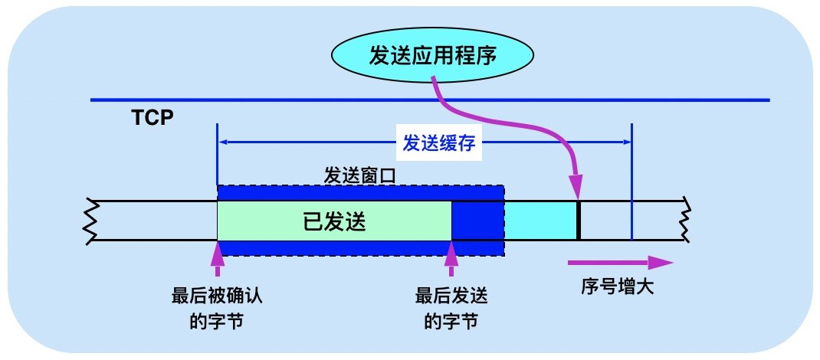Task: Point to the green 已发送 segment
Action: pos(334,221)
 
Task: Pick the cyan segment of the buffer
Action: pos(540,221)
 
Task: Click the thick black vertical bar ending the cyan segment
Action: pos(579,221)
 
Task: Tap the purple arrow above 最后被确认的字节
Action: pos(219,258)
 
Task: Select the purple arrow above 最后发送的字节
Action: pos(451,258)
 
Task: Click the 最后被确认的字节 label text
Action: pos(219,306)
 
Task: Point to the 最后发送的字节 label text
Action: pos(451,306)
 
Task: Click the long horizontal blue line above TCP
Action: pos(429,100)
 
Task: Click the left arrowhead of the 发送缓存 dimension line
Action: pos(224,142)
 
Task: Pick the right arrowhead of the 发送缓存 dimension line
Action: pos(625,142)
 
